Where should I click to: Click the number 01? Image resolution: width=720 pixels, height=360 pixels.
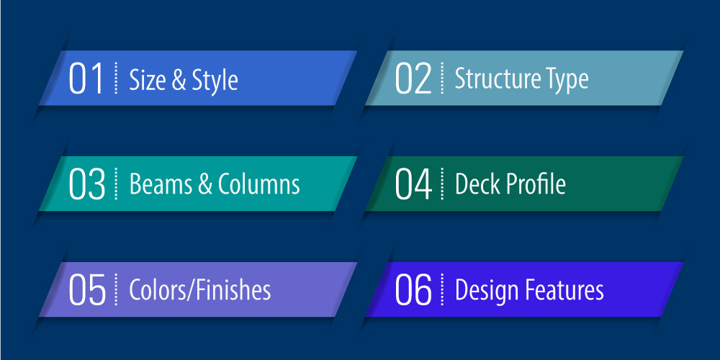pos(87,79)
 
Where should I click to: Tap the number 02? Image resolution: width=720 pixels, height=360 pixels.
pos(413,79)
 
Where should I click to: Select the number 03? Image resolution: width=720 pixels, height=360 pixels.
pos(87,184)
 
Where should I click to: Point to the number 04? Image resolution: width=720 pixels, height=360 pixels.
pos(413,184)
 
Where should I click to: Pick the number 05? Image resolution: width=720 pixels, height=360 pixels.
pos(87,290)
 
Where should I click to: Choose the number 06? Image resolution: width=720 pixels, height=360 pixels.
pos(413,290)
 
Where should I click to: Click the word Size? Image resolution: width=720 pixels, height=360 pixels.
pos(147,80)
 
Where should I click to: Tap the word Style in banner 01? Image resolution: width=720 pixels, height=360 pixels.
pos(215,80)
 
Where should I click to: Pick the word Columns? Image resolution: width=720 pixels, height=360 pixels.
pos(259,184)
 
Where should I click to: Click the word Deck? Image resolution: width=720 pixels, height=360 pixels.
pos(476,184)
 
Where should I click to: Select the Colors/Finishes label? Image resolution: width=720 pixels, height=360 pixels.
pos(200,290)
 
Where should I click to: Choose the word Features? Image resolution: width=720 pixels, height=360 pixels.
pos(566,290)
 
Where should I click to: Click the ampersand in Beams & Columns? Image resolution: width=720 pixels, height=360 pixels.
pos(205,185)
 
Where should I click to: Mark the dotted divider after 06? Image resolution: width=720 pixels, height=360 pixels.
pos(443,290)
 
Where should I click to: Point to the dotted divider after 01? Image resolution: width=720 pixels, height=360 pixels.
pos(116,78)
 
